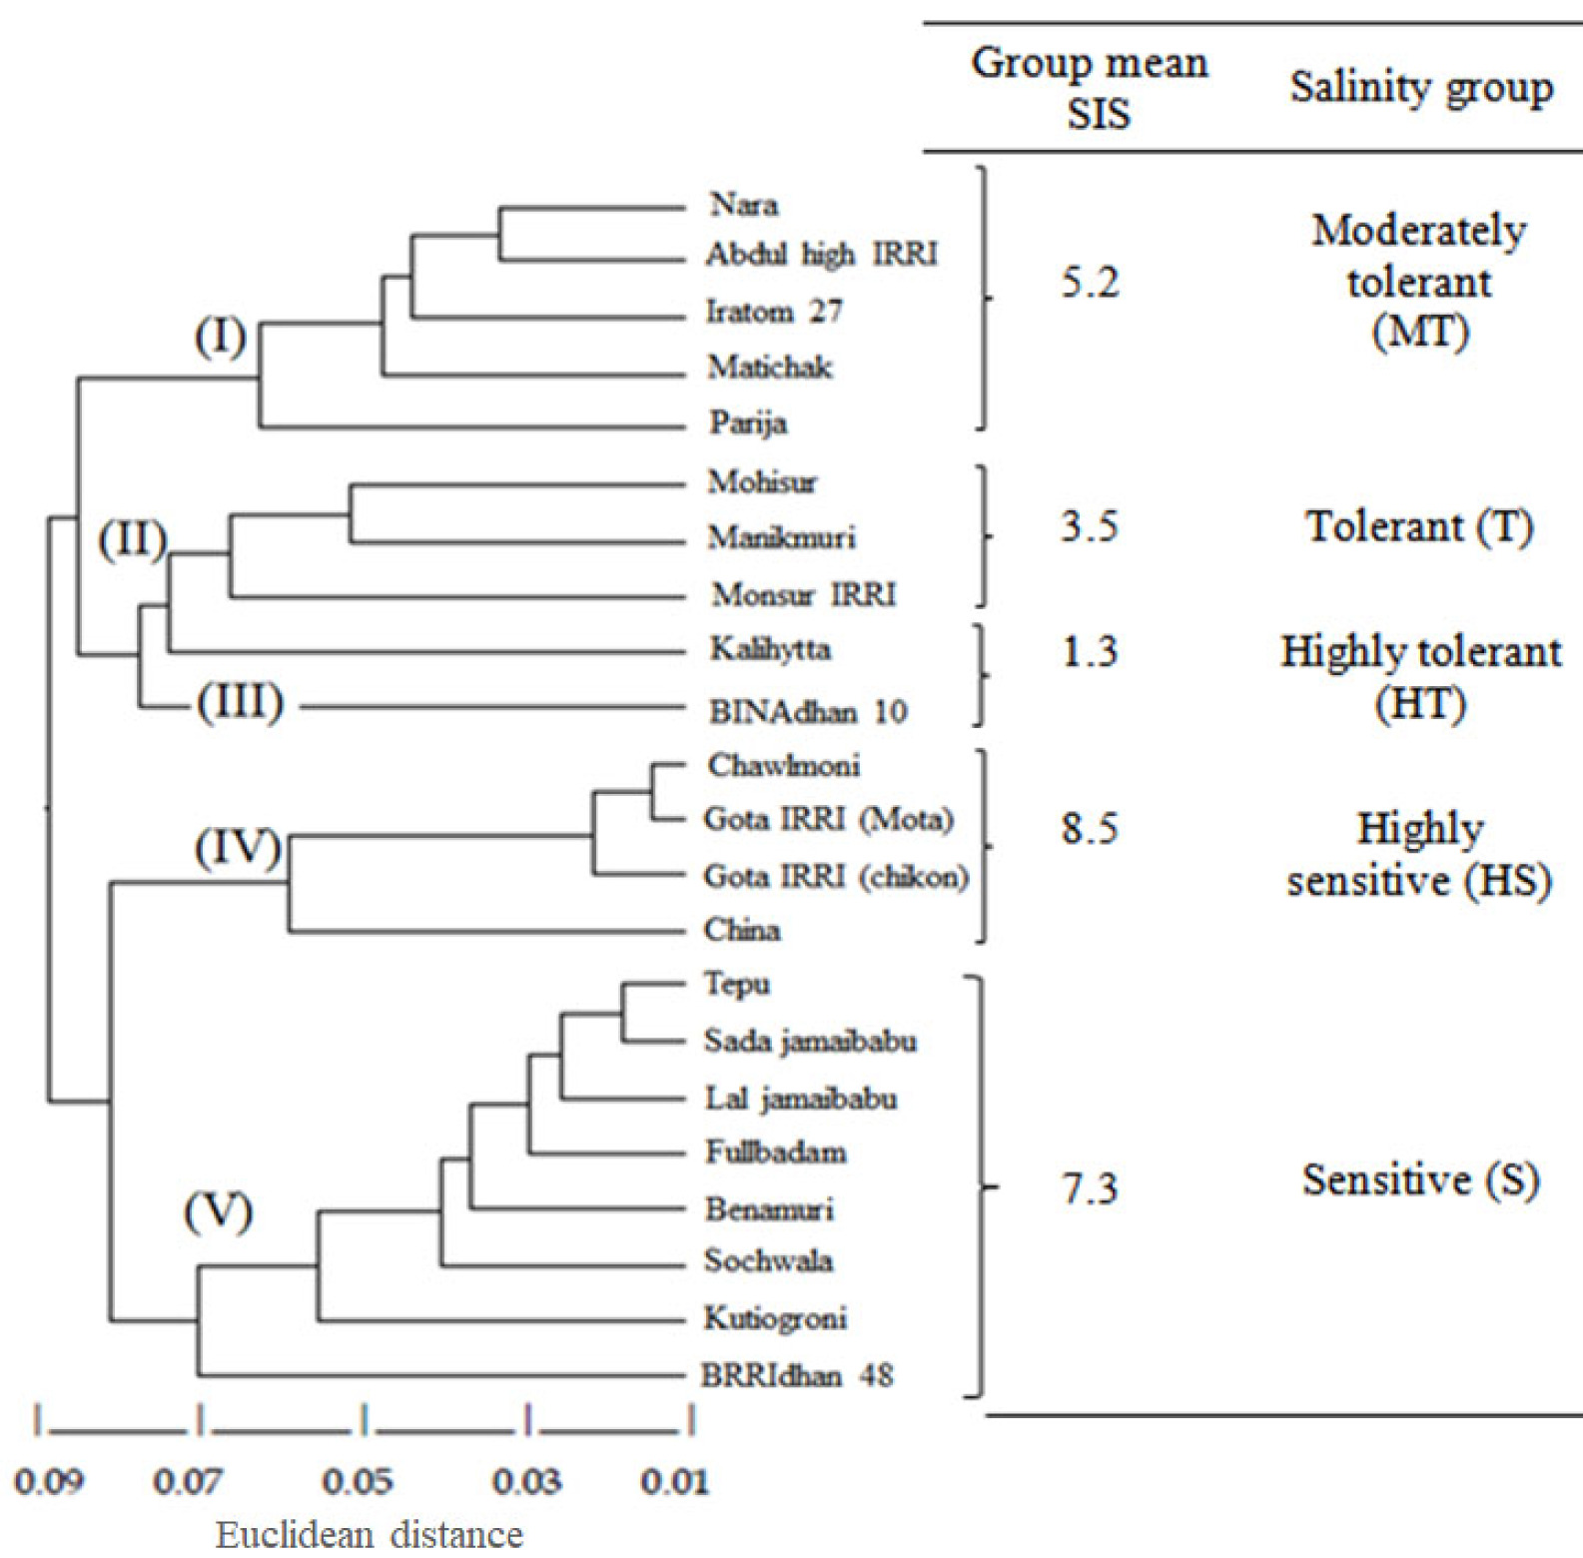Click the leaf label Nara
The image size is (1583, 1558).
(x=744, y=205)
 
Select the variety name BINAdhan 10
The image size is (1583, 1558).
(x=808, y=711)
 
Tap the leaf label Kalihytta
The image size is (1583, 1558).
(x=770, y=649)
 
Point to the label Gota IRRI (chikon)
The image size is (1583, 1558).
(x=836, y=876)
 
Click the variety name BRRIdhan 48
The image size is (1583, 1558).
(x=797, y=1375)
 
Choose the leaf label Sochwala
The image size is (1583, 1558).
(x=768, y=1260)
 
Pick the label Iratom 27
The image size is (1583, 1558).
(x=774, y=311)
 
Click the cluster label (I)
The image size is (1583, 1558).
(x=221, y=338)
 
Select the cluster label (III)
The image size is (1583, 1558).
(x=241, y=702)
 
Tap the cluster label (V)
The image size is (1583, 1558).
(x=219, y=1211)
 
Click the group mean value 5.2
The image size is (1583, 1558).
(x=1090, y=283)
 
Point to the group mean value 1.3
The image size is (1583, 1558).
(x=1090, y=651)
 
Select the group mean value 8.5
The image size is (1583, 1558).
(x=1090, y=828)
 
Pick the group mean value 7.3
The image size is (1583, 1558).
(x=1090, y=1188)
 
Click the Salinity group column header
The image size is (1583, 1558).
(x=1421, y=88)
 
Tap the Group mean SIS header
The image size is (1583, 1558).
(x=1091, y=88)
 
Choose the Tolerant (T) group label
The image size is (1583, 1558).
(x=1420, y=526)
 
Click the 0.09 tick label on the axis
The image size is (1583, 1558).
(x=49, y=1482)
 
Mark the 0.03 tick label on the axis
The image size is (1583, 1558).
(x=527, y=1482)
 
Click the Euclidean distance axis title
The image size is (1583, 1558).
(x=370, y=1534)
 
